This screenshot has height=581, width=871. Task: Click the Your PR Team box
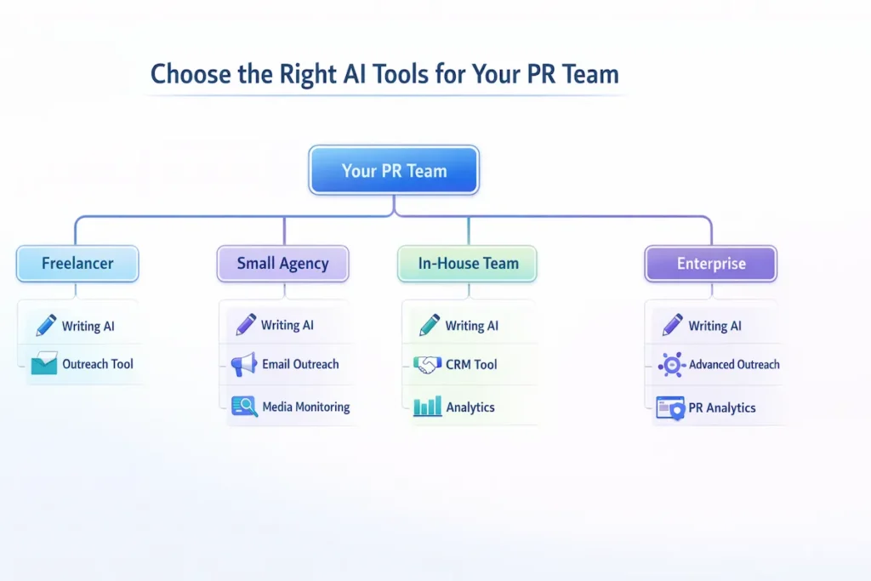394,170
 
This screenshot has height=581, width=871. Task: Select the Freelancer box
77,264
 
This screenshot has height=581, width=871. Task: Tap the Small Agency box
282,264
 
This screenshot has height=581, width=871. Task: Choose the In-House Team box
468,264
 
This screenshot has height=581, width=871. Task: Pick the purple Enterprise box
710,264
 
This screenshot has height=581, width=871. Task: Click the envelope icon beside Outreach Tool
43,365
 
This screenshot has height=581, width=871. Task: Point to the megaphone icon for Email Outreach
244,365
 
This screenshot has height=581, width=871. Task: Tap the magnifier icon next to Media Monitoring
245,407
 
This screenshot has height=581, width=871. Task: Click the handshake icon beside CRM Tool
427,365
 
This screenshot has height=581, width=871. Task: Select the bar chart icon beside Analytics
427,407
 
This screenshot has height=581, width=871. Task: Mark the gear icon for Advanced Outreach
671,365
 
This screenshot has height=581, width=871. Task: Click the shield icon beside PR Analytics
671,408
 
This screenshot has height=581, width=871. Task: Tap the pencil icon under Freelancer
45,325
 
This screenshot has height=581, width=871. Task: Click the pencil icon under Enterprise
672,325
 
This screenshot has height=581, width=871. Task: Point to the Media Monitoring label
306,407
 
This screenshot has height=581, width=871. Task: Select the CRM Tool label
471,365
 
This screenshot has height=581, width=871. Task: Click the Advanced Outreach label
734,365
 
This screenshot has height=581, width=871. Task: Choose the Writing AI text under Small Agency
287,325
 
